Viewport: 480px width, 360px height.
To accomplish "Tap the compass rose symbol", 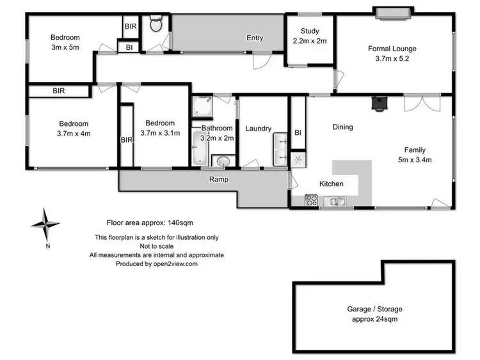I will pyautogui.click(x=45, y=225).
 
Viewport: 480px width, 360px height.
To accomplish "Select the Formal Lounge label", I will pyautogui.click(x=392, y=48).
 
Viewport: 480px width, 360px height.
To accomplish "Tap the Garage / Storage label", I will pyautogui.click(x=374, y=309).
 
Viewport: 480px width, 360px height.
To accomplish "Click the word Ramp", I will pyautogui.click(x=219, y=180).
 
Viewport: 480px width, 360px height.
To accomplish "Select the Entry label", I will pyautogui.click(x=255, y=38).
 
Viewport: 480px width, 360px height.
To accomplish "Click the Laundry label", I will pyautogui.click(x=259, y=128).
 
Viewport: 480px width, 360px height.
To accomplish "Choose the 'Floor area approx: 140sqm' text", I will pyautogui.click(x=149, y=223).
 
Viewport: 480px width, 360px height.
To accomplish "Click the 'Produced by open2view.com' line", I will pyautogui.click(x=156, y=263).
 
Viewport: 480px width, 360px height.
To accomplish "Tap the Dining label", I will pyautogui.click(x=342, y=127).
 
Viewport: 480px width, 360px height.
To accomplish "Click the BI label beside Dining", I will pyautogui.click(x=298, y=132).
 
